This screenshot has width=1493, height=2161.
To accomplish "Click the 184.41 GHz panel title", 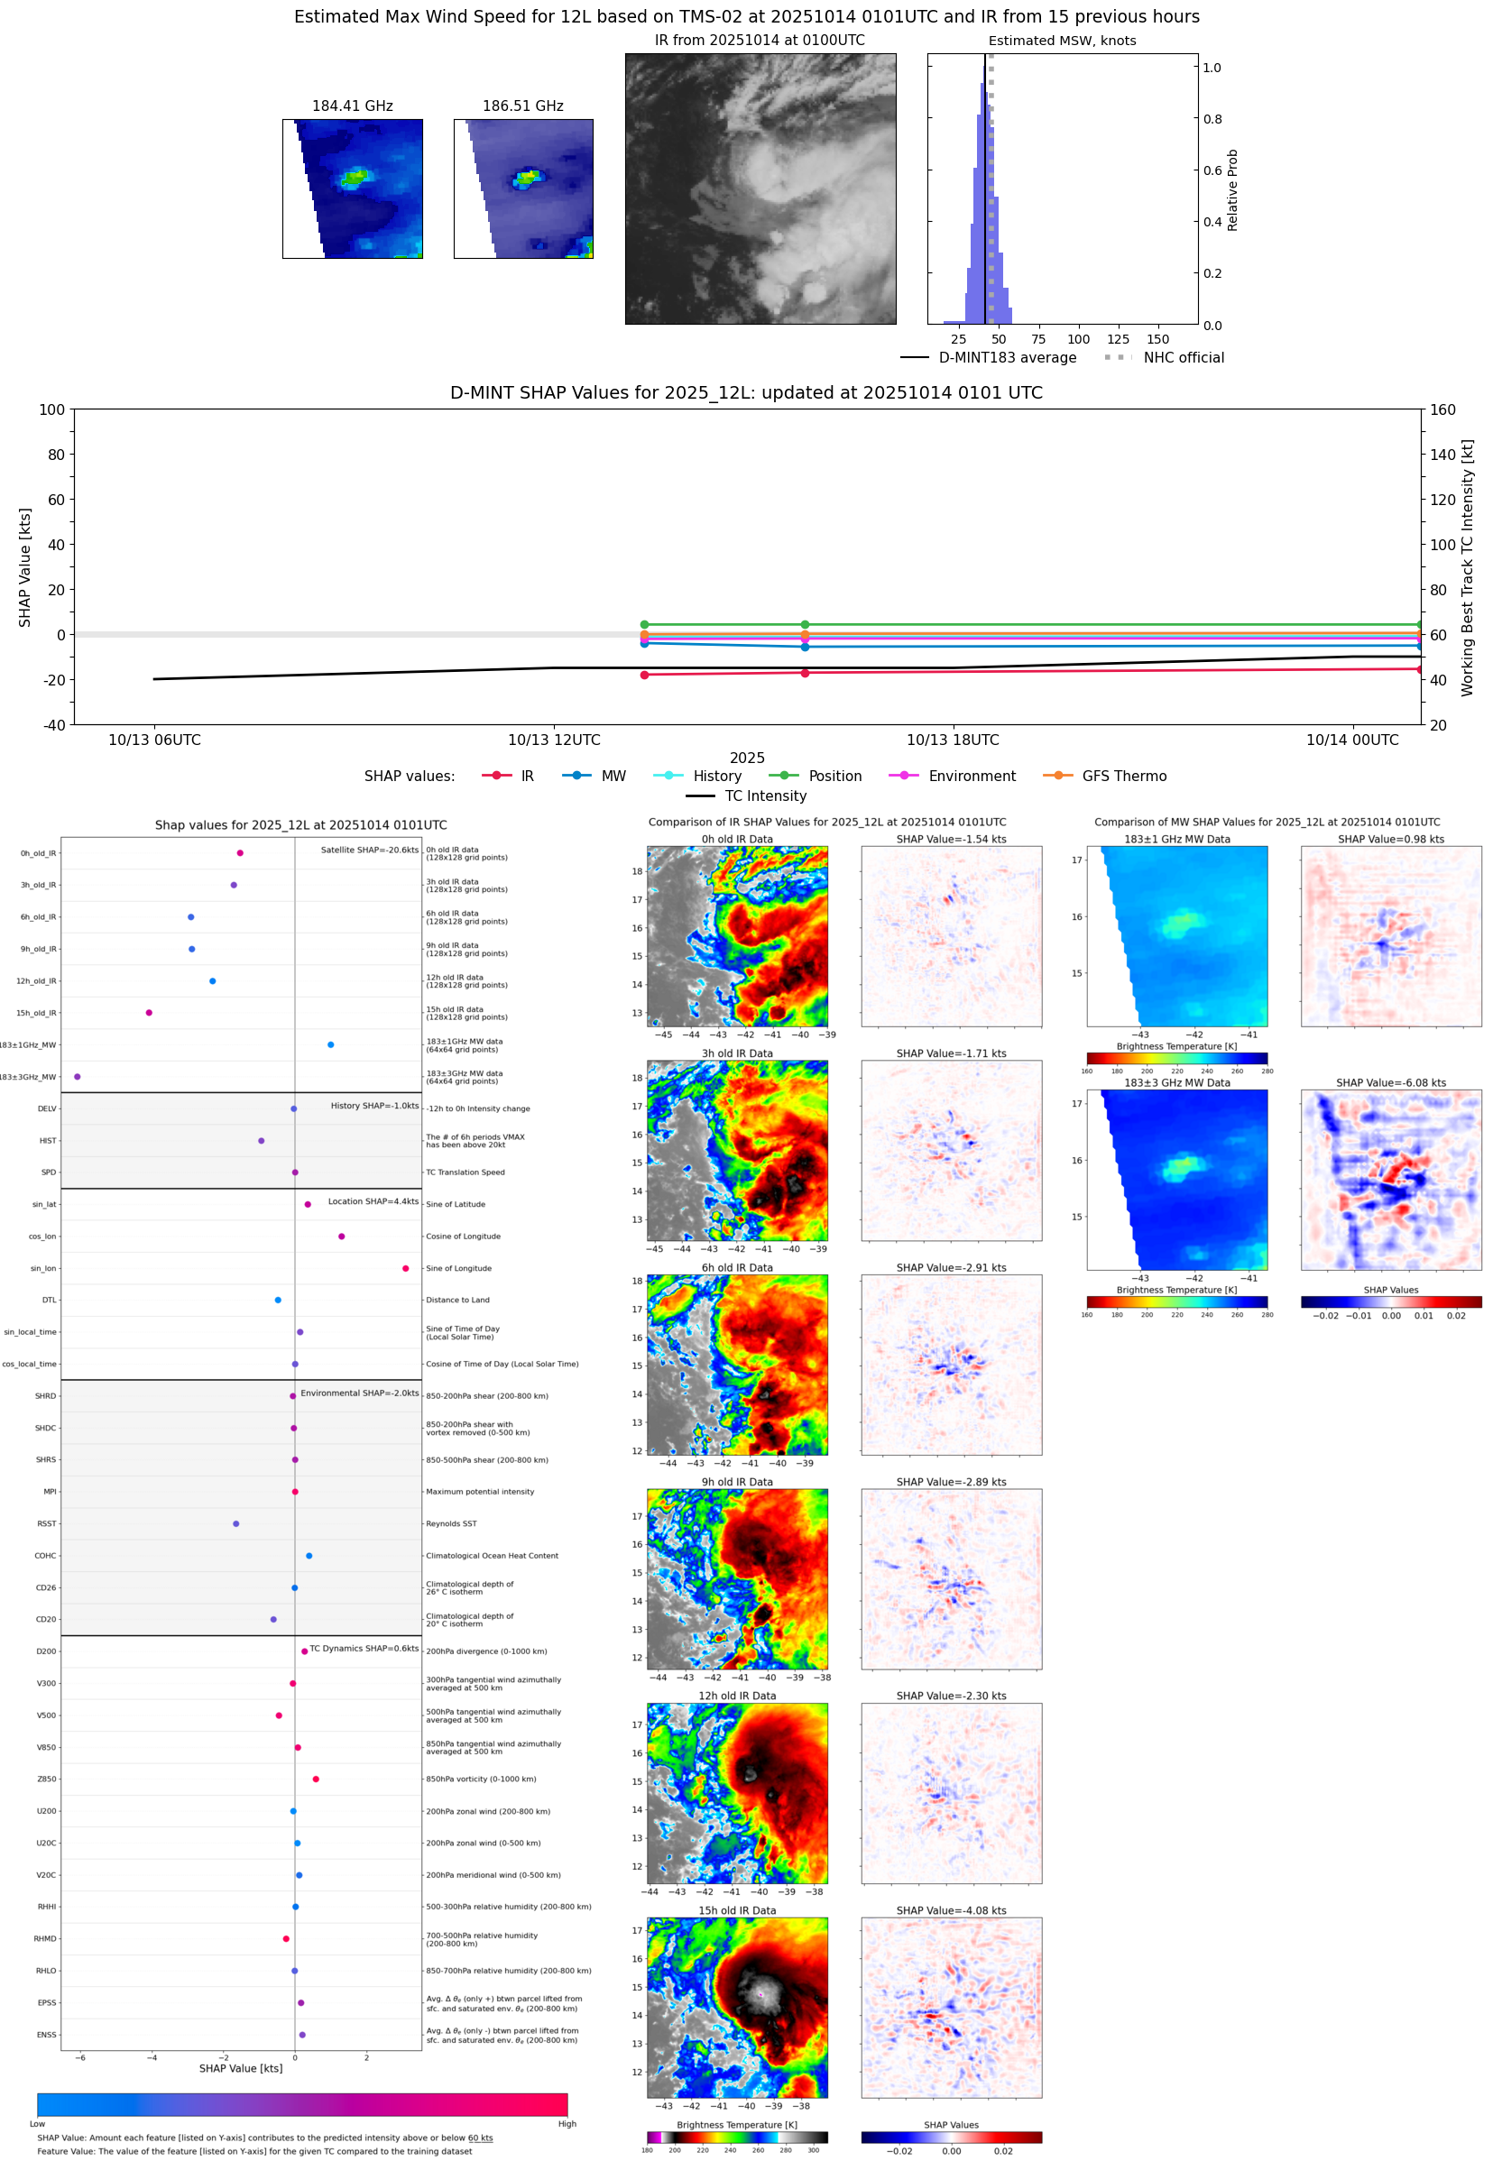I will point(352,106).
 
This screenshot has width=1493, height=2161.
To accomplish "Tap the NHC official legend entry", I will point(1183,357).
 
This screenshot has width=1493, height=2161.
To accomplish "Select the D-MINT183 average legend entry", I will point(1007,357).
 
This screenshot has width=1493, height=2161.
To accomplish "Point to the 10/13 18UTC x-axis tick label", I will point(953,740).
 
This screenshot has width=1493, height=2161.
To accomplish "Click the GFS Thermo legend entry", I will point(1123,777).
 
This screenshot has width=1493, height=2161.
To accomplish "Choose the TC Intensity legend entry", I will point(764,795).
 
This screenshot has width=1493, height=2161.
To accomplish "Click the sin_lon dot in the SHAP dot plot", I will point(405,1268).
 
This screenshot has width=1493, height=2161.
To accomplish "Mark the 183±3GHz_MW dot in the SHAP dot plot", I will point(78,1076).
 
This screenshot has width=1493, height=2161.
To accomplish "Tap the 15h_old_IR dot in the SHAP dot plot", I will point(149,1013).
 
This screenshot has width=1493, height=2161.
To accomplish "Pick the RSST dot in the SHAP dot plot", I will point(235,1523).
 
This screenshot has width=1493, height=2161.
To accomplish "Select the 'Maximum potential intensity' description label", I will point(480,1492).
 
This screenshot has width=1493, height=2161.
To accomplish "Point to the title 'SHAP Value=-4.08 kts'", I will point(951,1910).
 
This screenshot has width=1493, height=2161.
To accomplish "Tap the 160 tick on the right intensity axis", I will point(1442,409).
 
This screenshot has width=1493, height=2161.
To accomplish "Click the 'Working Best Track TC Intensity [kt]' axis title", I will point(1467,566).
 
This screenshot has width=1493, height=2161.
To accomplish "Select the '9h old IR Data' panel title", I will point(737,1482).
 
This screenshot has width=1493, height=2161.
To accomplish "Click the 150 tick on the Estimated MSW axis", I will point(1157,339).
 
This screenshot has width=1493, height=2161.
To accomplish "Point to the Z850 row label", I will point(47,1779).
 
